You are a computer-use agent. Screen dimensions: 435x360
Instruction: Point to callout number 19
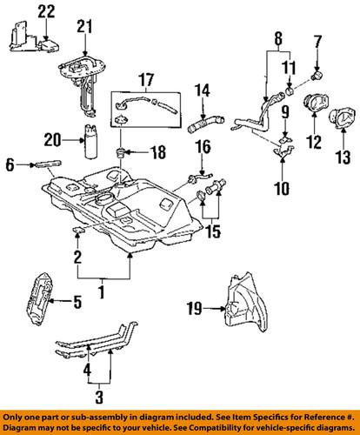tap(196, 306)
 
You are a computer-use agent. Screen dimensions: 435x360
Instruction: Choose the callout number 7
tap(318, 40)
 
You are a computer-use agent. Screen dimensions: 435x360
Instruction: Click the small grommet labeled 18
tap(122, 154)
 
